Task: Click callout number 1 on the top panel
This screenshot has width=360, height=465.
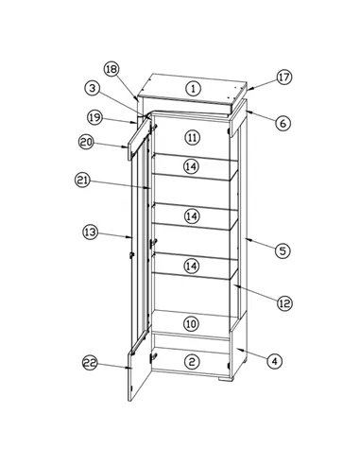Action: point(193,88)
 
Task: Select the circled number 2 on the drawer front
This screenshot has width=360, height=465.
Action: point(191,361)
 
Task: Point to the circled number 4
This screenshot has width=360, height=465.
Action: point(273,360)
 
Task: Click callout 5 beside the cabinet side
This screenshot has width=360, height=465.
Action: point(282,250)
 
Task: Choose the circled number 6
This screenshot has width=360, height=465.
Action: point(283,123)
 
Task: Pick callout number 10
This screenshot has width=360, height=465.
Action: point(191,323)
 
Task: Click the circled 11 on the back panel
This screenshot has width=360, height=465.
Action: point(192,137)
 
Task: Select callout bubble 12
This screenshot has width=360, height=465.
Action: point(283,302)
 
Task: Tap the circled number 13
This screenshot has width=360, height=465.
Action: point(91,231)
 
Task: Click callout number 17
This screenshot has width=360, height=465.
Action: point(283,77)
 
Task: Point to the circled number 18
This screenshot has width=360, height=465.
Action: point(111,70)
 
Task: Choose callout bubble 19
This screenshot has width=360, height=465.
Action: point(94,117)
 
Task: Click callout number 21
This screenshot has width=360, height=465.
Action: point(82,179)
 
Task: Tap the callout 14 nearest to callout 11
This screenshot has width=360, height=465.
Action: point(191,166)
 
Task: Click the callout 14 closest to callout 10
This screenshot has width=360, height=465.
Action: point(191,267)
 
